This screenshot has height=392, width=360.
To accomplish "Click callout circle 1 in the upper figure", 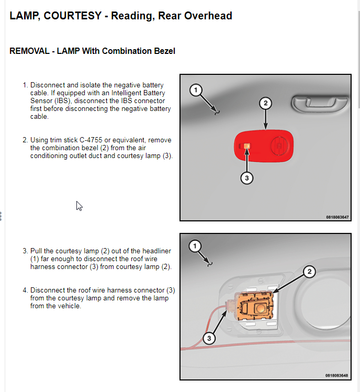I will tap(196, 91).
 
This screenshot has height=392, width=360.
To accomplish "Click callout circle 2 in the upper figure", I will tap(265, 103).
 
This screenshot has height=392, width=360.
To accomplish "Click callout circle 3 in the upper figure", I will tap(248, 178).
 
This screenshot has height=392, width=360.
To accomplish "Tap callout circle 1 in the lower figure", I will tap(195, 246).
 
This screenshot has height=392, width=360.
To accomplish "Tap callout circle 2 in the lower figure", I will tap(310, 271).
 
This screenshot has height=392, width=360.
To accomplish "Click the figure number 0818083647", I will tap(336, 217).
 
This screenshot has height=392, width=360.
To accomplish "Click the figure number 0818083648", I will tap(336, 375).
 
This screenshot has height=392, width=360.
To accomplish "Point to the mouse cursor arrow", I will tap(79, 205).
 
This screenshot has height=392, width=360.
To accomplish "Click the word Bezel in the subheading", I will tap(163, 51).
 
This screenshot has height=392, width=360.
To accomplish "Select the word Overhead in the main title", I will tap(209, 16).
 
